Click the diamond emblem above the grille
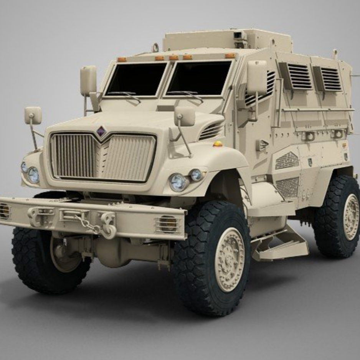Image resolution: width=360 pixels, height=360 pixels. [x=101, y=132]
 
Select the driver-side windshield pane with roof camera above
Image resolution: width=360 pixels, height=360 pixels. [x=199, y=78]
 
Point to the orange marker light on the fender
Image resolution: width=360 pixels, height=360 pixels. [x=218, y=144]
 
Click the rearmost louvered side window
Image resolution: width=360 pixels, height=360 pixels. [x=331, y=79]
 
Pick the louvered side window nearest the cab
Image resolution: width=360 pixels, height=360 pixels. [x=299, y=76]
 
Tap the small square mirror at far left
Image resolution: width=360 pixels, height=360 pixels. [x=33, y=115]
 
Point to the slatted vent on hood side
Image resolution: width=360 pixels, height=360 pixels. [x=211, y=131]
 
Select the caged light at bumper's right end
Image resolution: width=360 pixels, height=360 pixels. [x=167, y=224]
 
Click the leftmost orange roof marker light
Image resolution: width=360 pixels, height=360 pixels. [x=122, y=59]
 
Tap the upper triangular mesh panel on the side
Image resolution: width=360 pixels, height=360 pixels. [x=287, y=160]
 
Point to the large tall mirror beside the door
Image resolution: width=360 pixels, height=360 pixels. [x=256, y=78]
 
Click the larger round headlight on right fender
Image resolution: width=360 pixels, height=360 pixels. [x=178, y=182]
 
